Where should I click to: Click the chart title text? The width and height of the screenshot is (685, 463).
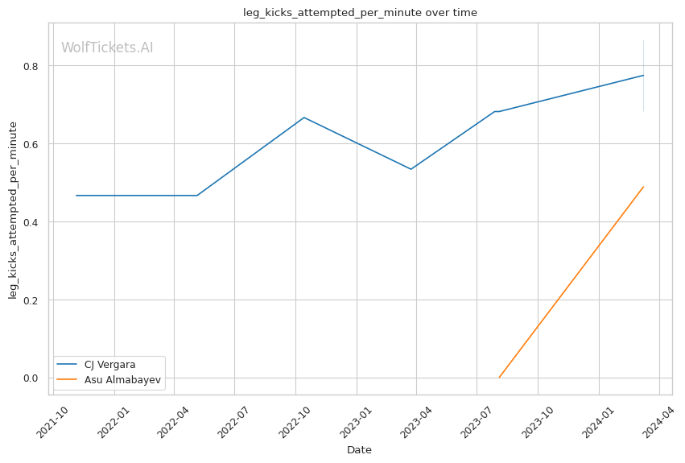360,13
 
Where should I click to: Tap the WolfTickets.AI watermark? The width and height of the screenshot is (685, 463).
107,48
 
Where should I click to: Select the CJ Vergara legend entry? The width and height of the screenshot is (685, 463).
109,365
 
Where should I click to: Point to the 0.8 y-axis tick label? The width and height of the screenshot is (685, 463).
31,66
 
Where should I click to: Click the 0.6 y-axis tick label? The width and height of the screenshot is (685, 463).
31,144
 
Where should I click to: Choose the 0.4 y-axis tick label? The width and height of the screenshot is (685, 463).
31,222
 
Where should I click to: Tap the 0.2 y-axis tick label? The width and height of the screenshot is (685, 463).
31,300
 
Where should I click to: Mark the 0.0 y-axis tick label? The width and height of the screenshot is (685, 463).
31,378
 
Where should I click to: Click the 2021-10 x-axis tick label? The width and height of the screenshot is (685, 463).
52,422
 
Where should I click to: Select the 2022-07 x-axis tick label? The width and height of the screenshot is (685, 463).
233,422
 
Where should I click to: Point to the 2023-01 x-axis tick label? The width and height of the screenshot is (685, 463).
355,422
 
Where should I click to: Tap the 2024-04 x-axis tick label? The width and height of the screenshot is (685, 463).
658,422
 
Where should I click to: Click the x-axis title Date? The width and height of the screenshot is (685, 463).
359,450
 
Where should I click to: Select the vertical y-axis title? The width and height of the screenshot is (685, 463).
13,211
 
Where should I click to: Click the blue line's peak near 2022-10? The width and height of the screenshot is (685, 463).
304,118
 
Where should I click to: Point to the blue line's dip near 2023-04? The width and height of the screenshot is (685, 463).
411,169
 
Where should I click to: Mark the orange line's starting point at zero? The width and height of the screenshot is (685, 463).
499,378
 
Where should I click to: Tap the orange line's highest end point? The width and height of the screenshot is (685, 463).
643,187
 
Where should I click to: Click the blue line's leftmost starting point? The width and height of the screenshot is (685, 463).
76,196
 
